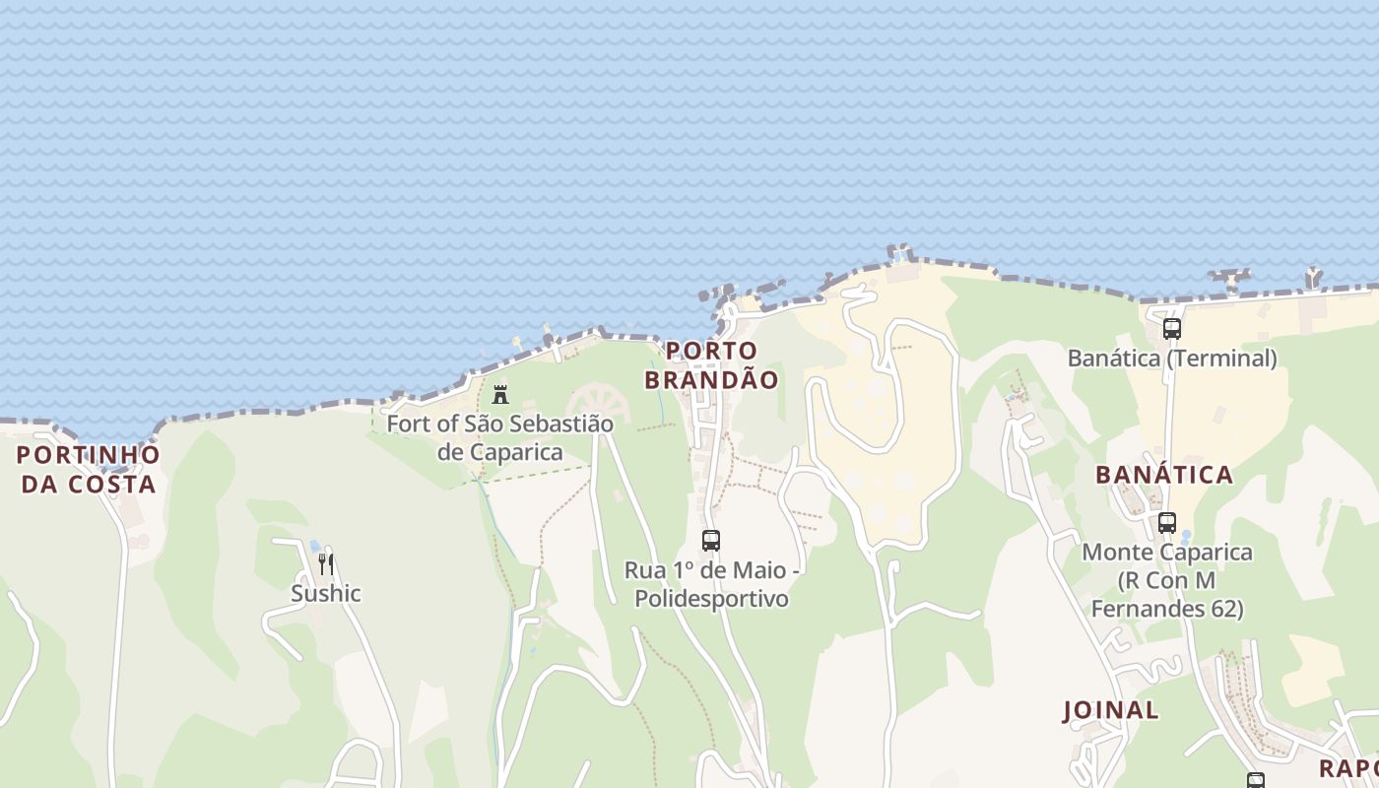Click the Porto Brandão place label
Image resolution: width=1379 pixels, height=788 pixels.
click(x=711, y=364)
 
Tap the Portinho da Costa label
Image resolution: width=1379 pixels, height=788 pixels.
click(x=88, y=469)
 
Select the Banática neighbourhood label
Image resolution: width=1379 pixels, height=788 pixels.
click(x=1164, y=475)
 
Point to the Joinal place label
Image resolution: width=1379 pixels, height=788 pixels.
click(x=1111, y=710)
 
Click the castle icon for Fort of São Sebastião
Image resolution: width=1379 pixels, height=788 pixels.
click(x=500, y=395)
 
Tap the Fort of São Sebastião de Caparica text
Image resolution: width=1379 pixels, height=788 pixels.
click(x=499, y=437)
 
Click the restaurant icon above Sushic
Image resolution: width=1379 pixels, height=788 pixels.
click(x=326, y=564)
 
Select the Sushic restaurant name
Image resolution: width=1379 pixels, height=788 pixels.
click(x=326, y=593)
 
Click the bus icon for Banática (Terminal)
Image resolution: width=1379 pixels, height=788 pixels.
click(x=1171, y=329)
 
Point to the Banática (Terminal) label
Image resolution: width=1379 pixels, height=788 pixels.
click(x=1172, y=358)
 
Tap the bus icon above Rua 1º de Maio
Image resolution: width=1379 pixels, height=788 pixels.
click(x=711, y=540)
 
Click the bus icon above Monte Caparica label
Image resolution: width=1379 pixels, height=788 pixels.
click(x=1167, y=523)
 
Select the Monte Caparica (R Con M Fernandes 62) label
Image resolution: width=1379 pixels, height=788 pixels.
click(x=1167, y=580)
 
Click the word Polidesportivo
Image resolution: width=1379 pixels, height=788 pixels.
click(x=711, y=598)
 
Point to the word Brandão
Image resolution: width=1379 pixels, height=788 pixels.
click(x=711, y=379)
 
